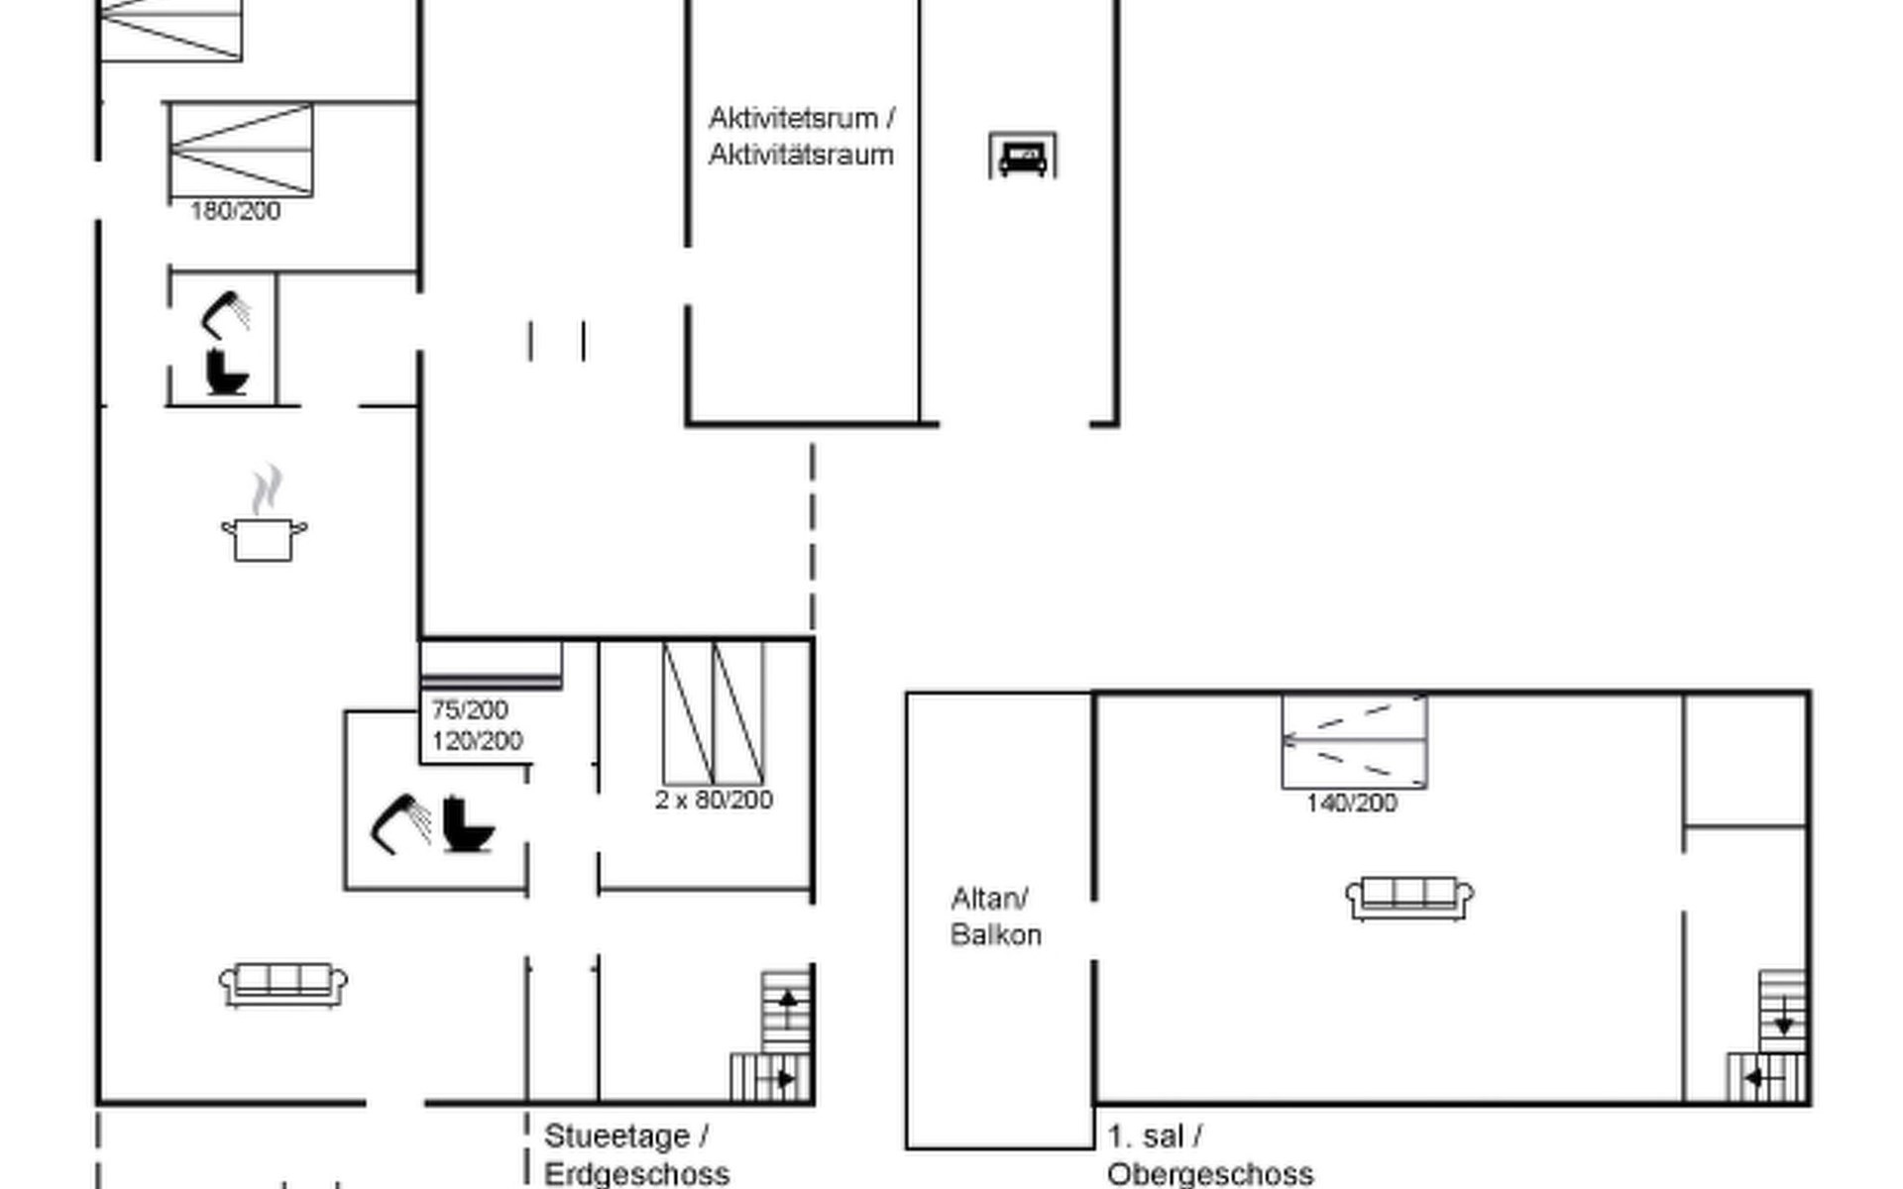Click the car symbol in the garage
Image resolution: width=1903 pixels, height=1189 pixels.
[x=1023, y=157]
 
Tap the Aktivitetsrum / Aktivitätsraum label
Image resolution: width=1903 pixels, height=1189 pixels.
[x=802, y=137]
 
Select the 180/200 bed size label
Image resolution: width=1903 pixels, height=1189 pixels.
[x=235, y=211]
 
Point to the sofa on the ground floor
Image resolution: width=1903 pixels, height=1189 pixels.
[x=283, y=985]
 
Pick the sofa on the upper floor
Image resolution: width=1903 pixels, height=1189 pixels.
[x=1409, y=899]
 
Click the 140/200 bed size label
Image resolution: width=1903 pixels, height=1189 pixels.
[x=1352, y=803]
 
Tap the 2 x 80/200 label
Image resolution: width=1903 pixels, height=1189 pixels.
[x=714, y=800]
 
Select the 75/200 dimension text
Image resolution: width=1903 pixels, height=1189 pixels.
[x=470, y=709]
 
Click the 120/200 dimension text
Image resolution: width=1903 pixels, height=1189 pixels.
[x=477, y=741]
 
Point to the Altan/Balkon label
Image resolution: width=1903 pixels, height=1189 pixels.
[x=995, y=917]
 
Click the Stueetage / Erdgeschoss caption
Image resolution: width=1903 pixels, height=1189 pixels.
[x=637, y=1155]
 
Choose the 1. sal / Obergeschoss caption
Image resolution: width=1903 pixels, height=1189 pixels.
[x=1210, y=1155]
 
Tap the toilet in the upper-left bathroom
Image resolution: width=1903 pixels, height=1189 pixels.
[x=227, y=372]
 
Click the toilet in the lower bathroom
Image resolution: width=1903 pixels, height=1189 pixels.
[x=467, y=823]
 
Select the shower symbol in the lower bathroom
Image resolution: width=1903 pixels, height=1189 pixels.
[x=400, y=822]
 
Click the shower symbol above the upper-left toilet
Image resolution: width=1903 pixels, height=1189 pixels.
[x=226, y=315]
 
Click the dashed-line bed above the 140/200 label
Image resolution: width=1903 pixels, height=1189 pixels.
[x=1354, y=740]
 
